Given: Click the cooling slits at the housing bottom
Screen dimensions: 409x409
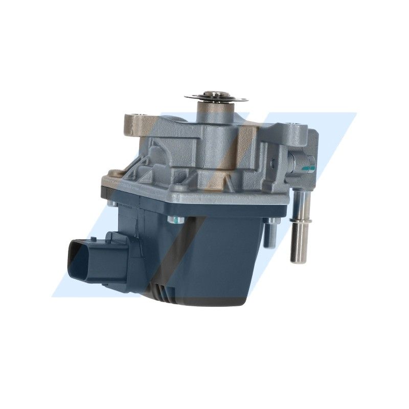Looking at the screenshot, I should pyautogui.click(x=163, y=293).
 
